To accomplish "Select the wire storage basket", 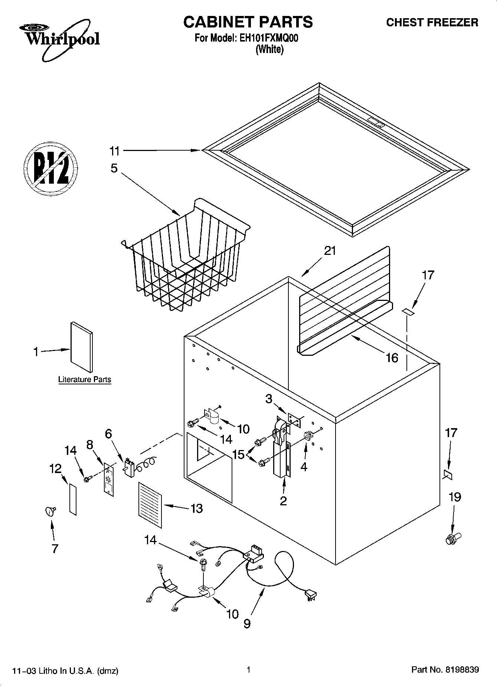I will (x=186, y=256).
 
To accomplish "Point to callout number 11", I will (x=114, y=151).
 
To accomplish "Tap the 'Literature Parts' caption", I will (x=85, y=380).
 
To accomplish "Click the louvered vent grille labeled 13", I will (x=150, y=505).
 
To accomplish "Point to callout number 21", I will (x=330, y=251).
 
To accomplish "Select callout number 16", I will (x=392, y=358).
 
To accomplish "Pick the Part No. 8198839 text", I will (x=445, y=670).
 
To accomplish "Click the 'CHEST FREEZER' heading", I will (x=432, y=23).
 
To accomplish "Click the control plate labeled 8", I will (x=109, y=479).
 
